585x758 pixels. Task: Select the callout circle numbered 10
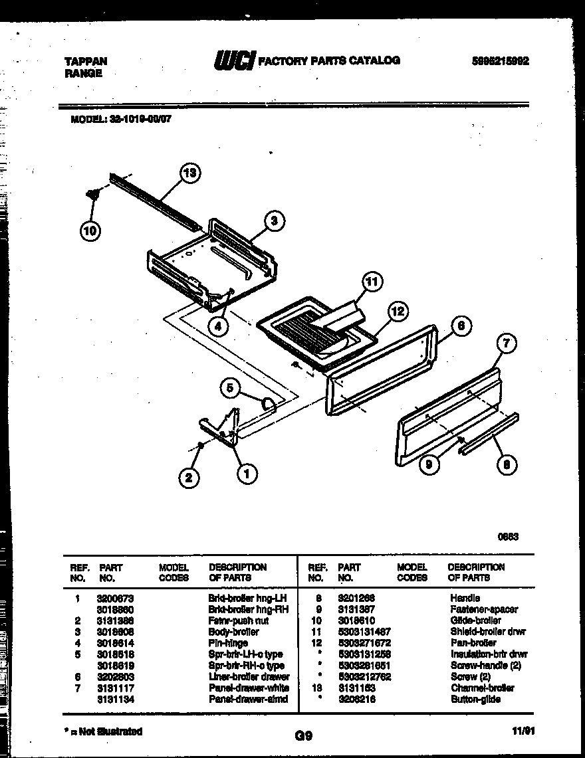[x=90, y=231]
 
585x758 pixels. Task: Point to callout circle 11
[x=373, y=282]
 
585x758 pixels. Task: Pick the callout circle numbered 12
[x=399, y=311]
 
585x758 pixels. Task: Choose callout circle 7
[x=507, y=343]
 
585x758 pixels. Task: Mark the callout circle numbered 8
[x=507, y=466]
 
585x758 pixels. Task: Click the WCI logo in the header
[x=234, y=61]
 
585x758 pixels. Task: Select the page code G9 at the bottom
[x=302, y=735]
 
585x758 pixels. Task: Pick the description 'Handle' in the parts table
[x=465, y=598]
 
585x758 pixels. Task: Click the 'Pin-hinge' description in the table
[x=228, y=643]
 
